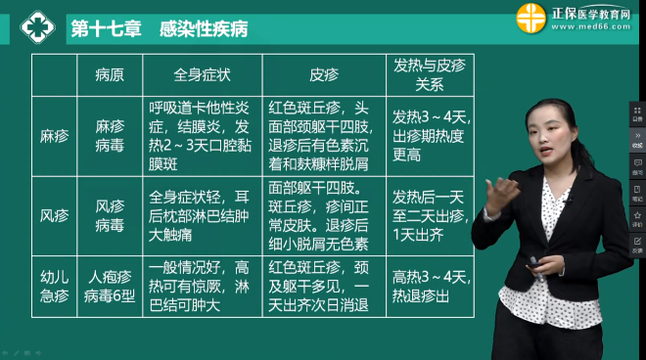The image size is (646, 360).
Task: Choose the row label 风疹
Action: [x=55, y=215]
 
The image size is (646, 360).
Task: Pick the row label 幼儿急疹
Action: [x=55, y=285]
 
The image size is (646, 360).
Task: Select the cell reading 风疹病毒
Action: [x=110, y=215]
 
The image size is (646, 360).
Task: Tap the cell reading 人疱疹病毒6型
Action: [x=110, y=285]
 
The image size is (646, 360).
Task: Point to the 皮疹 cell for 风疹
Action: [x=323, y=215]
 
